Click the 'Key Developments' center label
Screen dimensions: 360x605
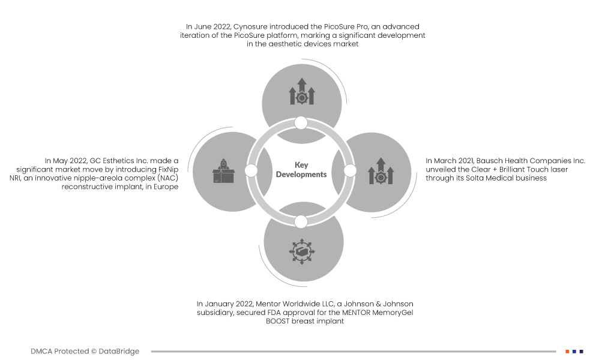point(301,170)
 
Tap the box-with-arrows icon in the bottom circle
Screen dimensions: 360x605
point(301,251)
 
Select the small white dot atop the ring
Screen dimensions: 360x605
point(301,123)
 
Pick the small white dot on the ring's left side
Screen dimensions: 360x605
point(251,171)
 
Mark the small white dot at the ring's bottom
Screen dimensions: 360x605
point(301,221)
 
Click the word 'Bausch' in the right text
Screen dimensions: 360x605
point(492,161)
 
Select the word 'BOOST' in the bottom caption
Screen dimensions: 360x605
point(278,322)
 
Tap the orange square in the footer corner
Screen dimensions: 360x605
point(567,352)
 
